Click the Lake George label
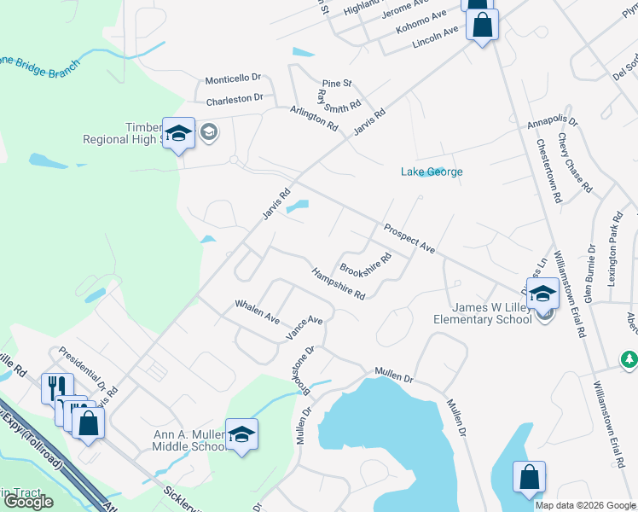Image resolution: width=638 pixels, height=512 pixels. (x=432, y=172)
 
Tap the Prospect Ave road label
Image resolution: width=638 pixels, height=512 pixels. (x=409, y=238)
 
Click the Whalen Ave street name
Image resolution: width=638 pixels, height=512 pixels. (x=258, y=311)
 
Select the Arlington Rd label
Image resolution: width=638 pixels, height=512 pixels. (x=314, y=118)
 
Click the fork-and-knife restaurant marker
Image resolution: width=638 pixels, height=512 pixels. (x=57, y=387)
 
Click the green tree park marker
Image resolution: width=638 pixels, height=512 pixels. (x=629, y=359)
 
